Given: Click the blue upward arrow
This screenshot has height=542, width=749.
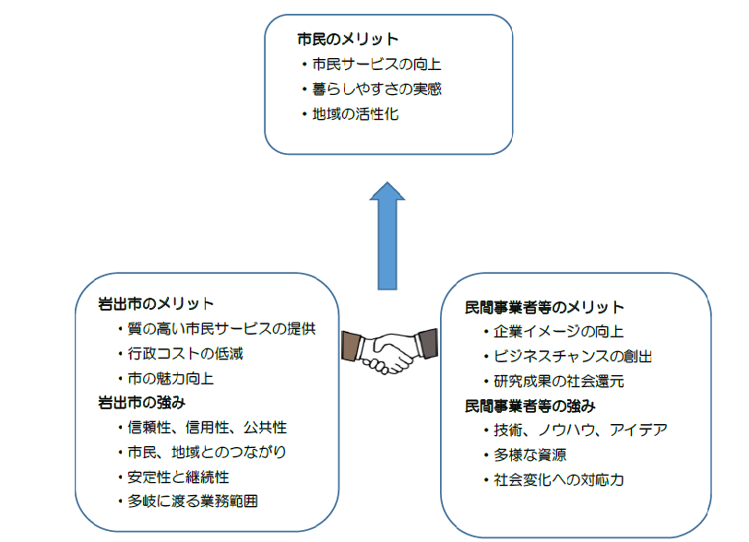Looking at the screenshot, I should (x=386, y=235).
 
